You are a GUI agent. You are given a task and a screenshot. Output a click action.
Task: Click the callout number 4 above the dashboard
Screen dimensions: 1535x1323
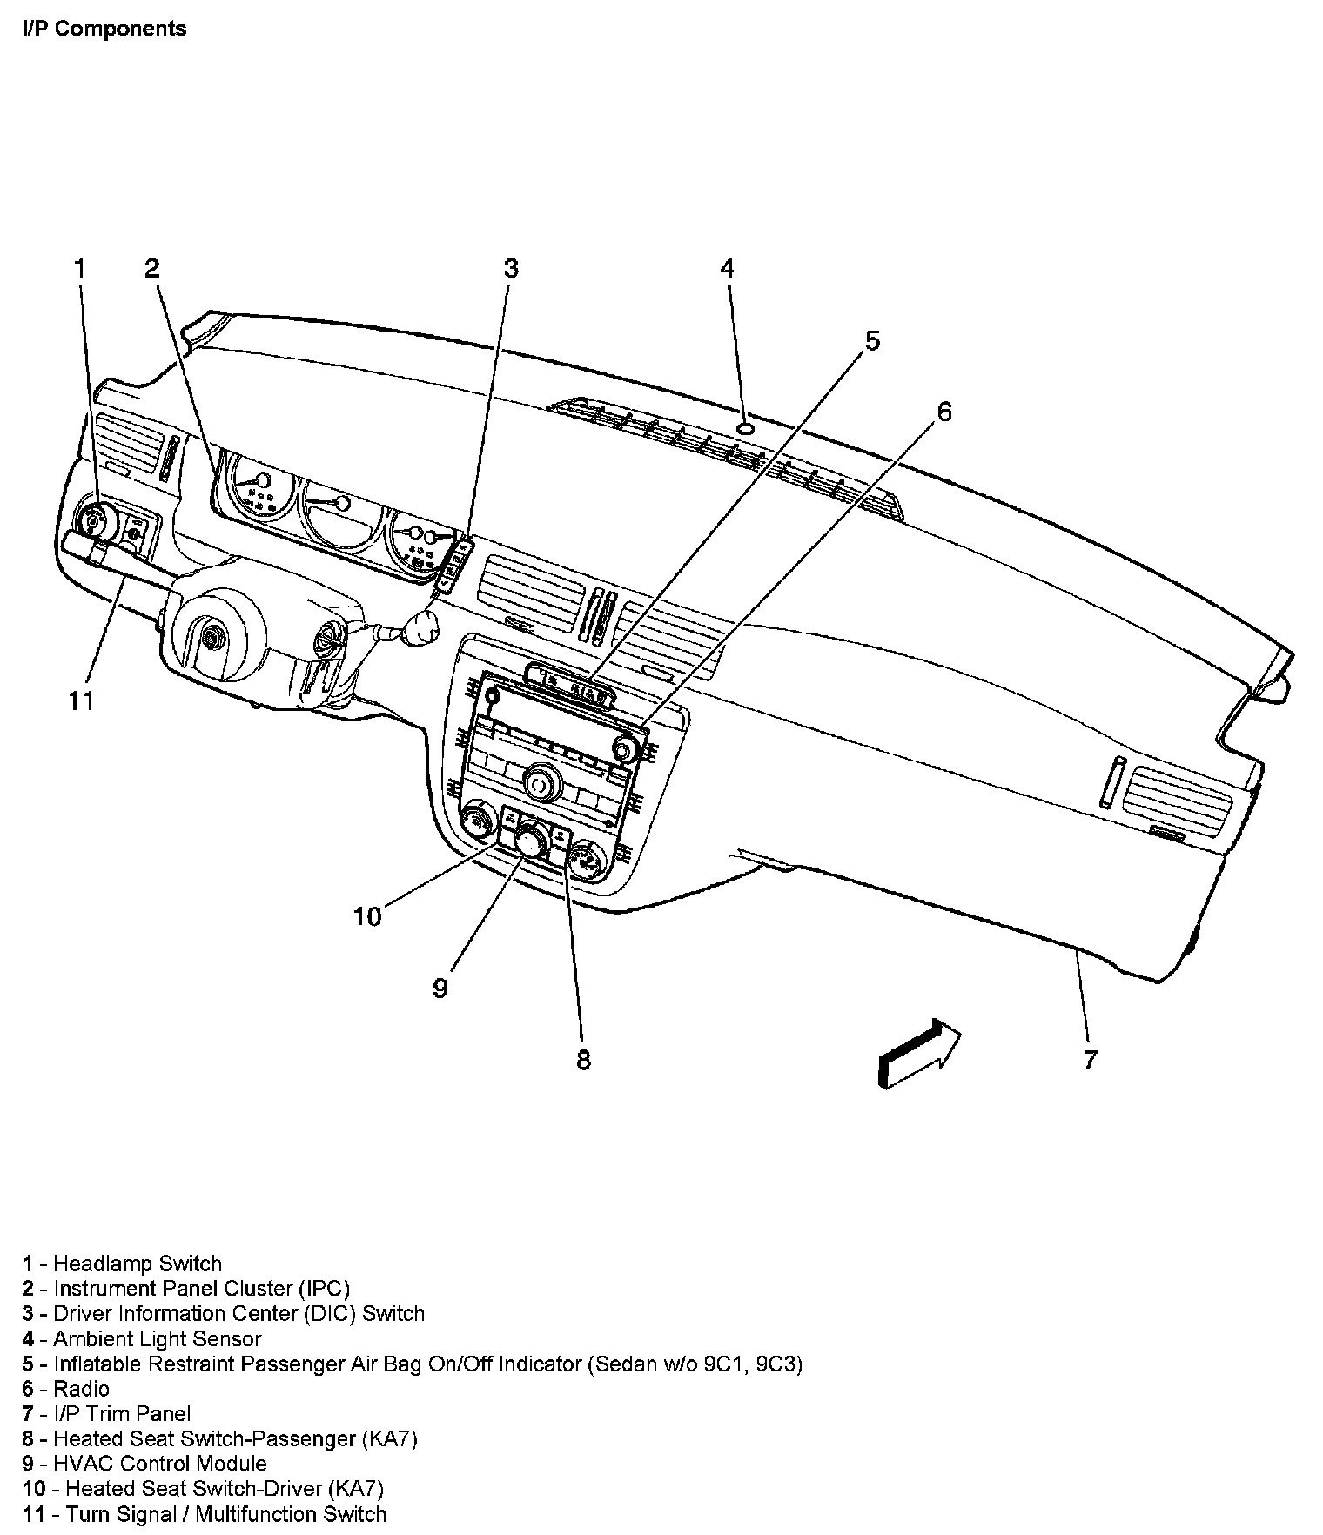tap(727, 268)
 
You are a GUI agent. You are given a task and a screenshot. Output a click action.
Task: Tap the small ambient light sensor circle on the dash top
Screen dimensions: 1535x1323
tap(746, 428)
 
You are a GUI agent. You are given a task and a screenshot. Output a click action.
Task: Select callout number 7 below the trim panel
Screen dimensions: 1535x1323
tap(1090, 1059)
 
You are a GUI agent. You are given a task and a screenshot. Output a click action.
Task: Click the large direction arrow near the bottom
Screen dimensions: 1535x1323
tap(919, 1053)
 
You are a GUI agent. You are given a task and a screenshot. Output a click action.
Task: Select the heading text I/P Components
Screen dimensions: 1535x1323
tap(104, 29)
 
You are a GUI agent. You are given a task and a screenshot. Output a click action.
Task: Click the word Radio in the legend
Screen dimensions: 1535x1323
tap(81, 1389)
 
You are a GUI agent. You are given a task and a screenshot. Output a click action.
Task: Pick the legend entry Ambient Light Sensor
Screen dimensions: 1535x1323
tap(157, 1338)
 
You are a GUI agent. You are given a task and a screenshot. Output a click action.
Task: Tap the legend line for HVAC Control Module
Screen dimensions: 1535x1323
tap(159, 1464)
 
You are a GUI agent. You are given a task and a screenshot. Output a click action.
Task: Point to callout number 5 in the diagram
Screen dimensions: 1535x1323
tap(871, 340)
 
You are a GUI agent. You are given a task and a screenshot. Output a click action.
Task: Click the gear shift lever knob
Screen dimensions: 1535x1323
tap(421, 627)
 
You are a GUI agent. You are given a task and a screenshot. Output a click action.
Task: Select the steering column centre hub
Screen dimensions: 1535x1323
tap(210, 639)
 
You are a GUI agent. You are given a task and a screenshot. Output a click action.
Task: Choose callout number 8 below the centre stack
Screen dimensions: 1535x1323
tap(582, 1059)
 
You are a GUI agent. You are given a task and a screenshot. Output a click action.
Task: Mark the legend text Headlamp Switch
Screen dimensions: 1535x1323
tap(138, 1263)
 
